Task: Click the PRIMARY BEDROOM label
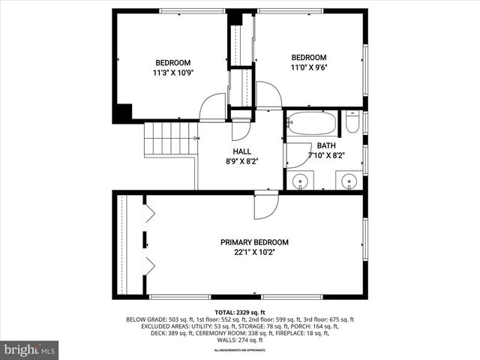254,242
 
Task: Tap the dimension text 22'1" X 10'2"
254,253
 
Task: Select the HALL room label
241,151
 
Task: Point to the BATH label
325,145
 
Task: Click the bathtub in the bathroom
311,122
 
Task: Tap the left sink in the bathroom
301,180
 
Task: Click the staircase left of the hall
170,138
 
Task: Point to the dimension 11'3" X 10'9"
172,73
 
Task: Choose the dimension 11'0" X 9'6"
309,67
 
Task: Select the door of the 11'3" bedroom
214,107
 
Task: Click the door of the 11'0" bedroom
268,95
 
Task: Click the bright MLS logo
30,349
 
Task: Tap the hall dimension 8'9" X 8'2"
241,160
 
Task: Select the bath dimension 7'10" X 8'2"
325,155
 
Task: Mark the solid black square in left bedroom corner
122,112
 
